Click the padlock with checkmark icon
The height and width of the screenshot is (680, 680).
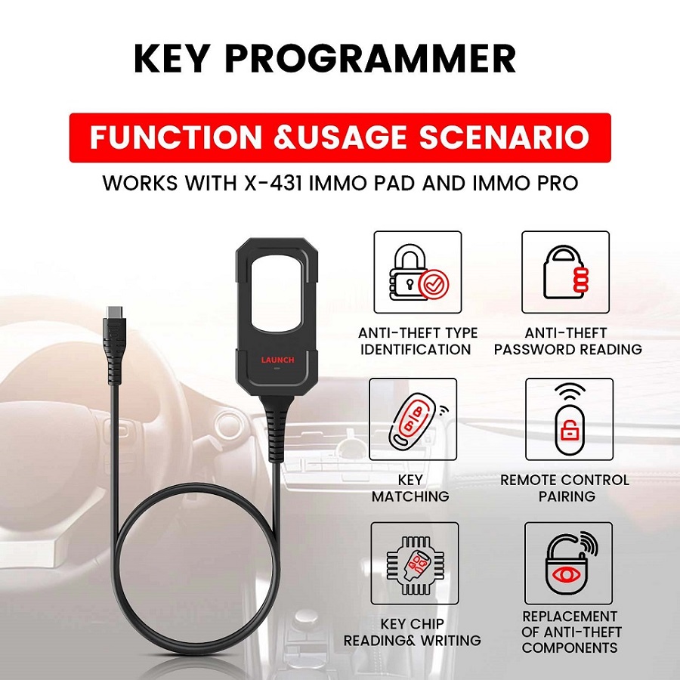(417, 272)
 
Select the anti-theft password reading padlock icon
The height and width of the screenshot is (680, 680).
(565, 272)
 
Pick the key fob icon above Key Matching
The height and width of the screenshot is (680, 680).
(413, 419)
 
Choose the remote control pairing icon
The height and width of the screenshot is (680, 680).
(565, 419)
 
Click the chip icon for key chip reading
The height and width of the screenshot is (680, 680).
(414, 564)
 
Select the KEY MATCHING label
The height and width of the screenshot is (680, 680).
(410, 488)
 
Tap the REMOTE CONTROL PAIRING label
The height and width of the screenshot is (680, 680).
(564, 488)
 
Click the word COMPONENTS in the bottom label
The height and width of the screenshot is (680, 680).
(569, 648)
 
